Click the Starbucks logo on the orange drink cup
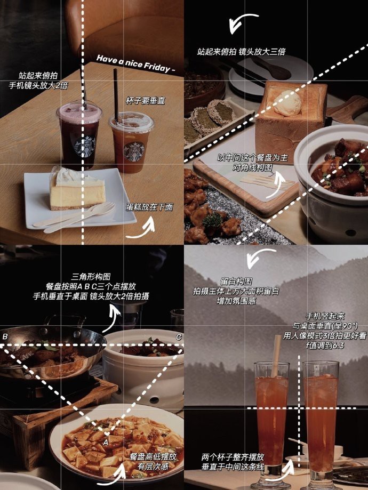134,151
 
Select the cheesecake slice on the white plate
77,189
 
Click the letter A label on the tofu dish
106,443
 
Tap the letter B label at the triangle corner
5,336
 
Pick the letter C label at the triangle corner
179,337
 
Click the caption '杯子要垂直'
145,101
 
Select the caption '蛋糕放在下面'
149,207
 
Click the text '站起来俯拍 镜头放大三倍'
241,52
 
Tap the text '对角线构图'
253,167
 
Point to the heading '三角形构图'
91,277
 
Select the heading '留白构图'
236,281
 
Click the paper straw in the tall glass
275,356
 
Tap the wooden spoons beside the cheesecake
75,218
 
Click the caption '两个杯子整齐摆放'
233,457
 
